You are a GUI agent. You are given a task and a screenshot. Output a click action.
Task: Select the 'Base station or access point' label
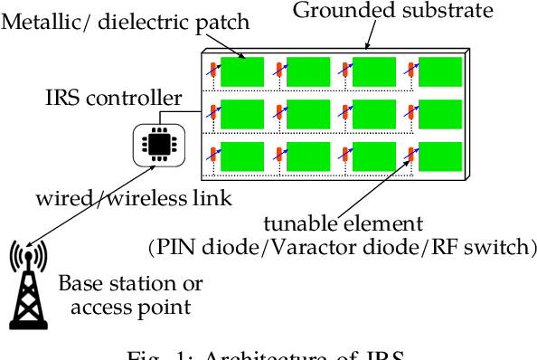130,295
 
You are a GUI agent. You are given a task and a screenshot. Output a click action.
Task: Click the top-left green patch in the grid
241,72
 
